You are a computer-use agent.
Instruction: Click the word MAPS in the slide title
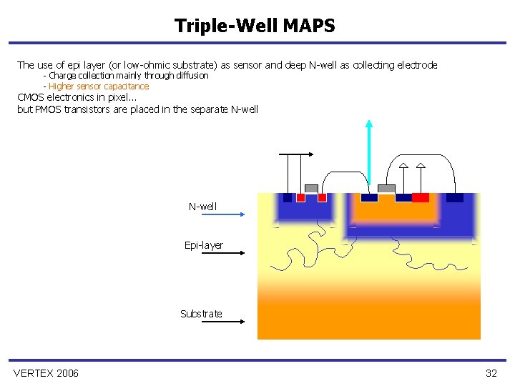pyautogui.click(x=309, y=26)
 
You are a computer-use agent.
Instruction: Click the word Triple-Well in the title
pyautogui.click(x=226, y=26)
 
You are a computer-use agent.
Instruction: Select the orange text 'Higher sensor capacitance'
pyautogui.click(x=99, y=86)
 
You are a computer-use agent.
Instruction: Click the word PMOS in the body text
pyautogui.click(x=49, y=109)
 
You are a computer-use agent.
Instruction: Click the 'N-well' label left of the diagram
pyautogui.click(x=202, y=207)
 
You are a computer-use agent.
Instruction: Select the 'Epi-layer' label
pyautogui.click(x=204, y=245)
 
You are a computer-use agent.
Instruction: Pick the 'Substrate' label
pyautogui.click(x=201, y=314)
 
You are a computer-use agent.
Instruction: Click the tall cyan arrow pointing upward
pyautogui.click(x=369, y=154)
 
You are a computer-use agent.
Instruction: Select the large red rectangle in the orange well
pyautogui.click(x=421, y=197)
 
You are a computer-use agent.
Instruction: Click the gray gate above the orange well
pyautogui.click(x=386, y=189)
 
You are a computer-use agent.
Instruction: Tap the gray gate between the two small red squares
pyautogui.click(x=311, y=189)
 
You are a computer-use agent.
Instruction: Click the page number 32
pyautogui.click(x=491, y=373)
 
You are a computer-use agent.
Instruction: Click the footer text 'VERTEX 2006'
pyautogui.click(x=46, y=373)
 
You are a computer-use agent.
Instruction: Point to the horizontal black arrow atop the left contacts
pyautogui.click(x=297, y=154)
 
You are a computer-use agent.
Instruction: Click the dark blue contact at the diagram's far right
pyautogui.click(x=454, y=197)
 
